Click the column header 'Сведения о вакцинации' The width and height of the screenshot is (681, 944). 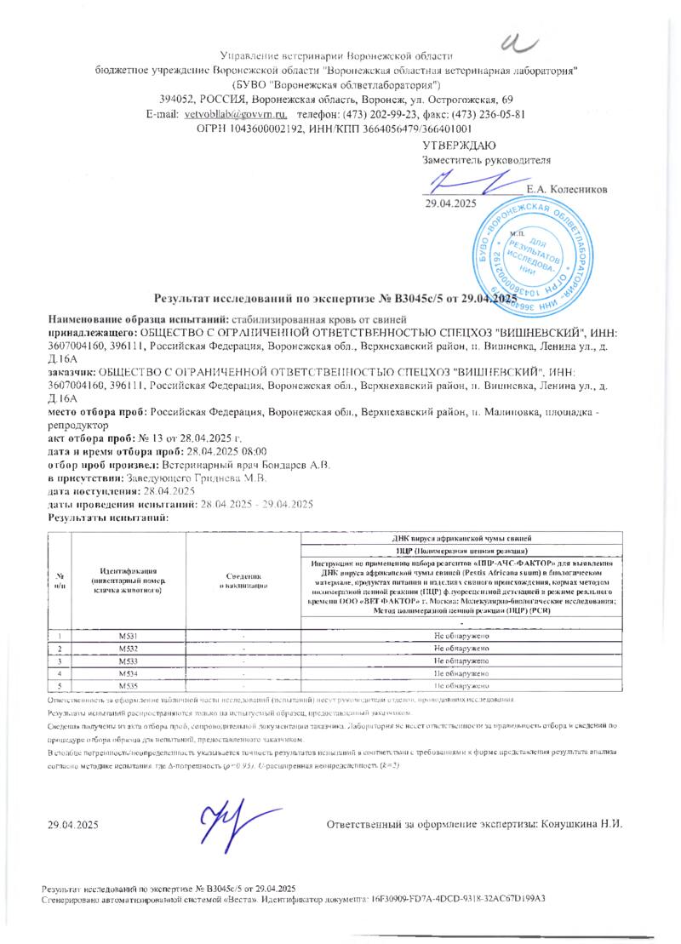[243, 581]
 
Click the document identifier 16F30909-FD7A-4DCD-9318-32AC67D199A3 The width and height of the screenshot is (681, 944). [458, 899]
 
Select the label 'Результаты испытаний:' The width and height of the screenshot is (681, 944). [109, 518]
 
